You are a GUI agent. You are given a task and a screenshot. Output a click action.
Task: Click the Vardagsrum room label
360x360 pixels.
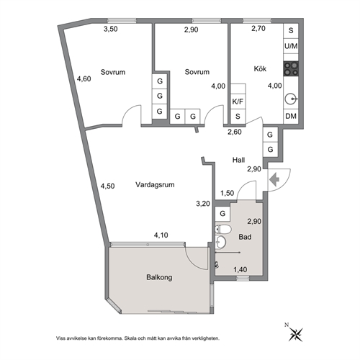tap(155, 185)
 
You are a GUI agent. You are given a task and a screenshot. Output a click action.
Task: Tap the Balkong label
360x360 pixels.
tap(159, 277)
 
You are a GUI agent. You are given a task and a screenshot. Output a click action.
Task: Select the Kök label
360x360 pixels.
tap(260, 68)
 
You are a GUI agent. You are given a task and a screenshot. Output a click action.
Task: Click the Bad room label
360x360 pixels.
tap(245, 237)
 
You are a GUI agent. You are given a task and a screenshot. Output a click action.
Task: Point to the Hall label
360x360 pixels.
tap(238, 160)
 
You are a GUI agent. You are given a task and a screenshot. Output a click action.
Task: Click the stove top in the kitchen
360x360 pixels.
tap(291, 69)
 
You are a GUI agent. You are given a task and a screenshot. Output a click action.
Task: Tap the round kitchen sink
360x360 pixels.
tap(291, 99)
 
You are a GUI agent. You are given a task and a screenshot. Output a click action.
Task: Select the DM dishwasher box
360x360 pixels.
tap(291, 117)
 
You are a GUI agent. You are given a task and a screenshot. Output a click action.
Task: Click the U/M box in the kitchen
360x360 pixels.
tap(291, 46)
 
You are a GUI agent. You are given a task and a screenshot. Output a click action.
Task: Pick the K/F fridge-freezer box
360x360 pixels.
tap(238, 102)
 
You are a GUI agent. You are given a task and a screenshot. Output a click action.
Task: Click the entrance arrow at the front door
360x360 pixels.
tap(275, 179)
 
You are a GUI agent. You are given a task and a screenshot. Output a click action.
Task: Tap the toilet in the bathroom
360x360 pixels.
tap(223, 230)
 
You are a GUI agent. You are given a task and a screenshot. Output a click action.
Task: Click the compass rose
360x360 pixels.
tap(295, 335)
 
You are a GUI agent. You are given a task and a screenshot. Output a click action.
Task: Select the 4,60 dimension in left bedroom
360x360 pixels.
tap(84, 78)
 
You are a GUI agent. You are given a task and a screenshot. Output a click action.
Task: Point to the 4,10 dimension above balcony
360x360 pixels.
tap(161, 235)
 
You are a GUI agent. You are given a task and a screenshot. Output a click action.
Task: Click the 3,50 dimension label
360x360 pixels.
tap(110, 29)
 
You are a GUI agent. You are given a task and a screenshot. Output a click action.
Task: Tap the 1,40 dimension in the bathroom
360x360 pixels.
tap(240, 270)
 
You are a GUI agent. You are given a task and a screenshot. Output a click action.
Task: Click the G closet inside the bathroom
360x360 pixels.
tap(222, 214)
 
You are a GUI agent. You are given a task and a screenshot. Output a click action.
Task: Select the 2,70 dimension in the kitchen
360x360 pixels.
tap(258, 29)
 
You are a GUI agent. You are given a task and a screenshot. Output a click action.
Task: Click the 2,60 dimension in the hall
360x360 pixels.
tap(235, 132)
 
